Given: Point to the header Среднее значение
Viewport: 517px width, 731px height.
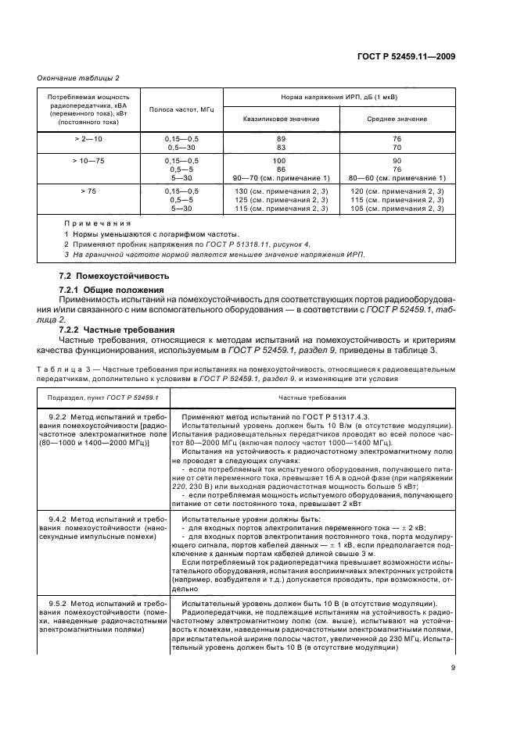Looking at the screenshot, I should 397,119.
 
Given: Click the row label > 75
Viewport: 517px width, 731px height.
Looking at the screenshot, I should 84,191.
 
